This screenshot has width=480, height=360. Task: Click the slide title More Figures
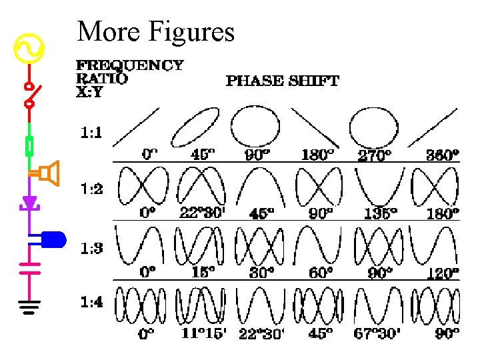click(155, 31)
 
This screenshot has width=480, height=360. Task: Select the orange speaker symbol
click(49, 173)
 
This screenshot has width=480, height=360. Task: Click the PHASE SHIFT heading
click(283, 81)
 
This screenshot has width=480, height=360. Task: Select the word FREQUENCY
click(129, 65)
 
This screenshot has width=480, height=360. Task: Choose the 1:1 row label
click(91, 133)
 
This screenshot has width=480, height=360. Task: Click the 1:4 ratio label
click(91, 302)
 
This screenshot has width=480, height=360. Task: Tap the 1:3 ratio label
click(91, 249)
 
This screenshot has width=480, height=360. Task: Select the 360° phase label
click(443, 155)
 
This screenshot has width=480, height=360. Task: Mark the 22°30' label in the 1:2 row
click(199, 213)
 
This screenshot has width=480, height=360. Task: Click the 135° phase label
click(381, 213)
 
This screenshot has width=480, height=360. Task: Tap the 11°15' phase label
click(203, 333)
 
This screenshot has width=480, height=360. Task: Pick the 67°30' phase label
click(378, 333)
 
